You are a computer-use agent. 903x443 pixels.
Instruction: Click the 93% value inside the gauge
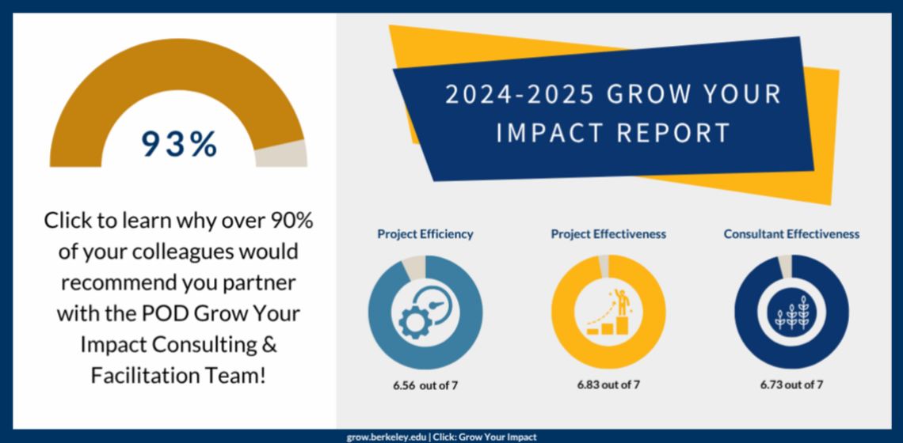179,144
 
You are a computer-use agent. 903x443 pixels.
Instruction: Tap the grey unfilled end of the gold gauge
291,153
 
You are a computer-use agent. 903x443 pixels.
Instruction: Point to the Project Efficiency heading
425,234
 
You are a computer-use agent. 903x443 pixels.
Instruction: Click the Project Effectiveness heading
608,234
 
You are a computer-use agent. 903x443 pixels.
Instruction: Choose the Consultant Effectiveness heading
791,234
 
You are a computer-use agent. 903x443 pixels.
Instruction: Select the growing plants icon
791,313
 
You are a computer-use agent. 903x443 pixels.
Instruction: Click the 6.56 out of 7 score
425,385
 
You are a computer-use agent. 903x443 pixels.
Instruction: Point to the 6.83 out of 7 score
608,385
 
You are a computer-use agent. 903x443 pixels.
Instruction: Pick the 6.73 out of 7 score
791,385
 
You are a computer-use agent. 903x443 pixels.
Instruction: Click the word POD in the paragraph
154,312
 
